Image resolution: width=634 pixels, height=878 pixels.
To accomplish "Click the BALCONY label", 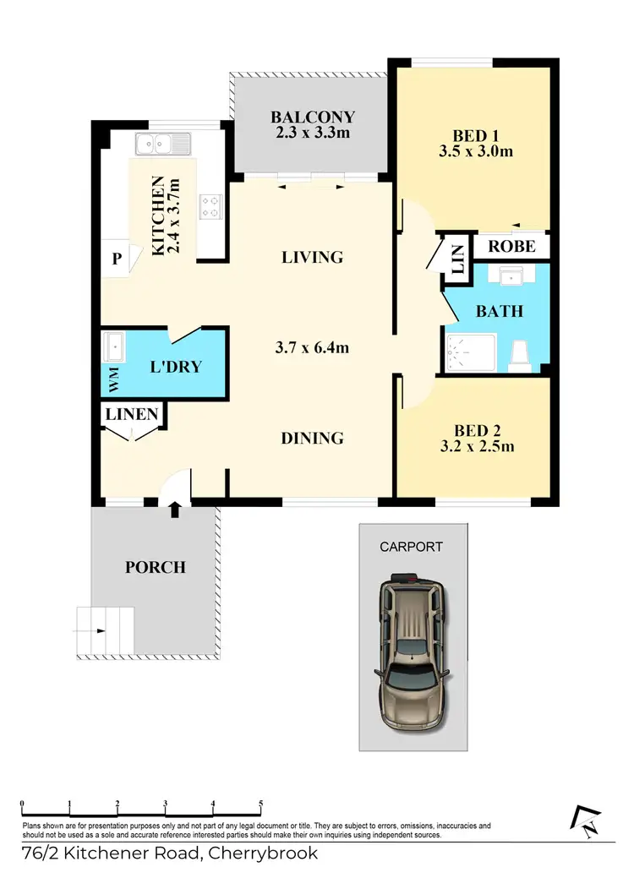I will (x=312, y=117).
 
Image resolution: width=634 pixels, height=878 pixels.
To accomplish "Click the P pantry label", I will (x=116, y=259).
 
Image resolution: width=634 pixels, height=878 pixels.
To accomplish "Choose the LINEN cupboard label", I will (x=132, y=414).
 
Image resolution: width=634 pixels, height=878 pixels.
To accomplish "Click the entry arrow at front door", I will (x=175, y=509).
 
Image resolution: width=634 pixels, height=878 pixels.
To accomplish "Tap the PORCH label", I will (x=156, y=566).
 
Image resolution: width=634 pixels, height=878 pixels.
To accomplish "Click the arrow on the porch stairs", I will (x=100, y=630).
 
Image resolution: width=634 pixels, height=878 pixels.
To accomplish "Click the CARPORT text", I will (x=411, y=547).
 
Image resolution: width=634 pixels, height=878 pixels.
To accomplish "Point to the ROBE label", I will (x=511, y=247).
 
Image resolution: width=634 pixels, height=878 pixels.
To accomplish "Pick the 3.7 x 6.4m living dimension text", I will (x=312, y=347).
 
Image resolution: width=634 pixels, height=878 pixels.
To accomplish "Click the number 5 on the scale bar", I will (x=261, y=804).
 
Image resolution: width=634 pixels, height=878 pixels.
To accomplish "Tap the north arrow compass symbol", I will (x=585, y=821).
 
